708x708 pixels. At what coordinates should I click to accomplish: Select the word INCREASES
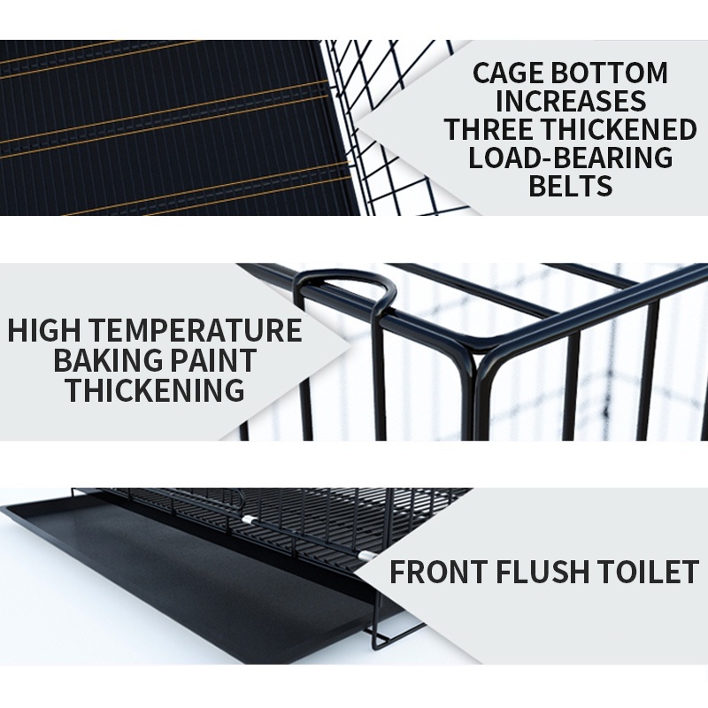click(x=571, y=101)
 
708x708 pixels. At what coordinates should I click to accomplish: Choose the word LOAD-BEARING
click(x=571, y=158)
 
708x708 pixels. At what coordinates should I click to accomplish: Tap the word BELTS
click(x=571, y=186)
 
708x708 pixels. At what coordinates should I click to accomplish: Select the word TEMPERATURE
click(x=189, y=330)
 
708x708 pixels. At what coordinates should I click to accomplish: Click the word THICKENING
click(x=156, y=389)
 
